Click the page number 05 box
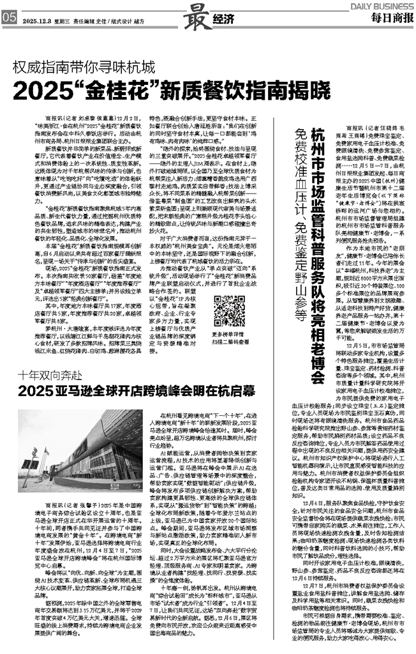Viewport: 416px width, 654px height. point(8,19)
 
